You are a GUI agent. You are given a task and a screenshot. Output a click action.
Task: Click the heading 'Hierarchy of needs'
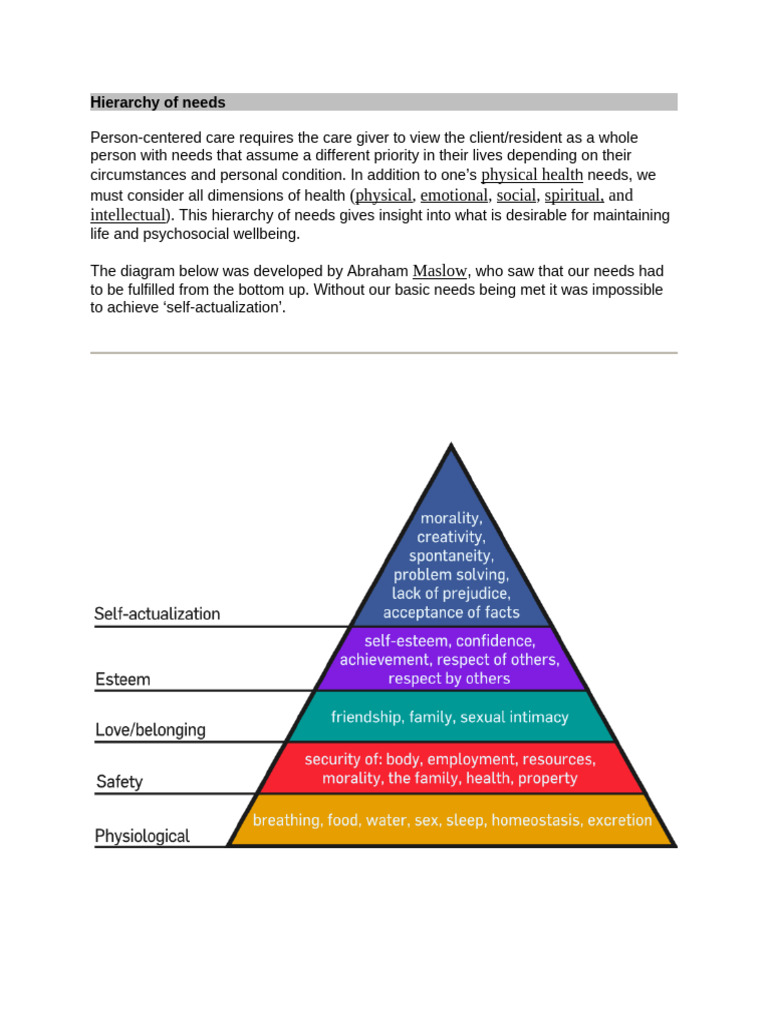click(158, 102)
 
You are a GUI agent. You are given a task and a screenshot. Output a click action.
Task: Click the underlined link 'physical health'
click(532, 175)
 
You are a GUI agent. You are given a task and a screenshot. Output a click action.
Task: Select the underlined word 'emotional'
click(454, 195)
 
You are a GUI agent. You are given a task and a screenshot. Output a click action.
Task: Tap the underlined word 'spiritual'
click(573, 195)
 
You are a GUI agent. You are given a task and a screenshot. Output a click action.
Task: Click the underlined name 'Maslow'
click(440, 271)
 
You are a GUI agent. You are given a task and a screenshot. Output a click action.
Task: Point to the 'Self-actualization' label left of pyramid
click(157, 614)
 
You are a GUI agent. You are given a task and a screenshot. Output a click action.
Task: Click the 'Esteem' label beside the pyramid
click(122, 680)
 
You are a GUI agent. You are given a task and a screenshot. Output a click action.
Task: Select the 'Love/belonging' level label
click(150, 730)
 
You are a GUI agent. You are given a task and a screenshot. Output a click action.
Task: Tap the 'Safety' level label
click(119, 782)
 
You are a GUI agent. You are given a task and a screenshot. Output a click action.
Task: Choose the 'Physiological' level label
click(142, 836)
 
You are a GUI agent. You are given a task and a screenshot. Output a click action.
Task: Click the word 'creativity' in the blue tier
click(451, 538)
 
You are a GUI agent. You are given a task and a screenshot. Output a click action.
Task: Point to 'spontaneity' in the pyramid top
click(451, 556)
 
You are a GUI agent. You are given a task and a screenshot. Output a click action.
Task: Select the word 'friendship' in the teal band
click(369, 717)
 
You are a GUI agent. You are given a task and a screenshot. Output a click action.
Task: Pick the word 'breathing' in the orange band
click(287, 820)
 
